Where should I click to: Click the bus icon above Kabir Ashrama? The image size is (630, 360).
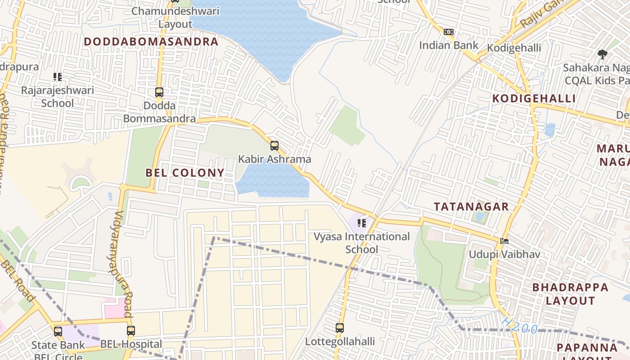click(274, 146)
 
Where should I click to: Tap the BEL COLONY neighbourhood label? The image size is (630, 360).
click(184, 173)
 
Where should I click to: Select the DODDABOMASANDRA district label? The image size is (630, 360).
click(151, 42)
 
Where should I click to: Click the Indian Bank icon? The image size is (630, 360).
click(448, 32)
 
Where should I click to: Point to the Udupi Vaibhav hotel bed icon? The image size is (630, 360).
click(504, 241)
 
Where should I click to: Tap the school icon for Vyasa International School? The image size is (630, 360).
click(361, 223)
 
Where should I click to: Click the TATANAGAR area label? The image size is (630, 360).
click(471, 207)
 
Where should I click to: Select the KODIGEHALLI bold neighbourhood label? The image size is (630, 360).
click(534, 99)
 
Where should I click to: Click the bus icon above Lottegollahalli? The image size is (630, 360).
click(340, 328)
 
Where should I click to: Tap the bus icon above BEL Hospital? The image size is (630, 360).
click(131, 331)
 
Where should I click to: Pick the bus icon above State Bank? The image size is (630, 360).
click(58, 332)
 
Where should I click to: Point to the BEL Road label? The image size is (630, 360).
click(17, 281)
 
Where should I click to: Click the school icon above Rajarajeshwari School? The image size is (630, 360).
click(57, 77)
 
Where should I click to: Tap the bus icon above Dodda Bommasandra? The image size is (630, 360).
click(159, 92)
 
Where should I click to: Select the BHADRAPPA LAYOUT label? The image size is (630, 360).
click(570, 294)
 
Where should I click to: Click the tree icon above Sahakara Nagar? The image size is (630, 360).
click(602, 55)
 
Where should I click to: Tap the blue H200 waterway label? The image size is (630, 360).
click(520, 326)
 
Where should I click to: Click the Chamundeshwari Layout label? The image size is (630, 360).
click(175, 17)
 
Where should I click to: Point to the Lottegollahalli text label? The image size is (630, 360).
click(340, 342)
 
